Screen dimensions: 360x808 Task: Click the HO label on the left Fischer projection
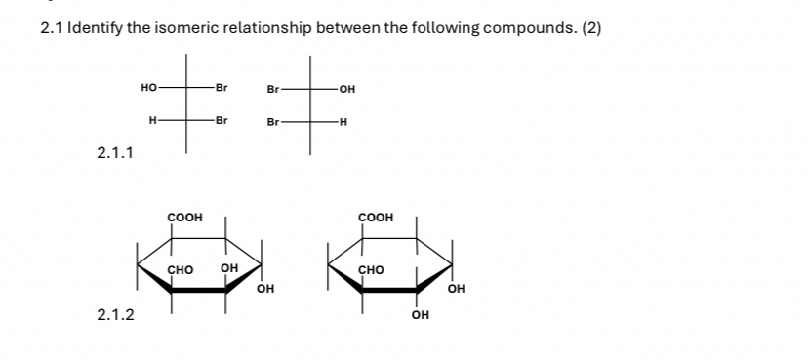pyautogui.click(x=149, y=88)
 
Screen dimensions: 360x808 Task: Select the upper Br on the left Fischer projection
pyautogui.click(x=222, y=88)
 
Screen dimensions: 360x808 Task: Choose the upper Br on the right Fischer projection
pyautogui.click(x=273, y=90)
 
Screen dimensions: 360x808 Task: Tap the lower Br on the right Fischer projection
pyautogui.click(x=273, y=122)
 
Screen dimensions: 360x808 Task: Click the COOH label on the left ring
pyautogui.click(x=184, y=217)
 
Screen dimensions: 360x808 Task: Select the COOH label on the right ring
pyautogui.click(x=376, y=217)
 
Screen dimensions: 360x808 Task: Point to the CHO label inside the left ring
pyautogui.click(x=181, y=269)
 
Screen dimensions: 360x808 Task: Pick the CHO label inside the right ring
pyautogui.click(x=371, y=269)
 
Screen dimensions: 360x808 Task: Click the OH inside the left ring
pyautogui.click(x=229, y=268)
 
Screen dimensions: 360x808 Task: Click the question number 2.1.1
pyautogui.click(x=116, y=152)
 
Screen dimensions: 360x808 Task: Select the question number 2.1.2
pyautogui.click(x=116, y=314)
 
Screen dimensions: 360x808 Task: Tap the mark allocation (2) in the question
pyautogui.click(x=591, y=28)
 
